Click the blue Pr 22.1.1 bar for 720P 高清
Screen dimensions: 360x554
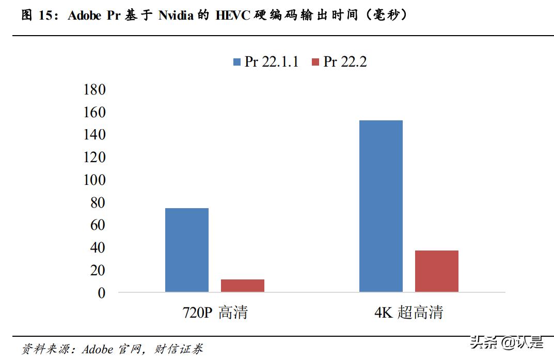[x=187, y=250]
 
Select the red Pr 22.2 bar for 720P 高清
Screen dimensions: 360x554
[x=243, y=286]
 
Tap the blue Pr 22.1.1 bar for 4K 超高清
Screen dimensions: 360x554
[x=381, y=206]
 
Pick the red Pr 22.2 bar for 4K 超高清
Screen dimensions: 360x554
[x=437, y=271]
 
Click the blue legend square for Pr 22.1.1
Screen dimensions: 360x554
[x=237, y=62]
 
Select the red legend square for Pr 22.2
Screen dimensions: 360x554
[x=316, y=62]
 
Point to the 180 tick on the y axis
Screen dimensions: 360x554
[x=94, y=89]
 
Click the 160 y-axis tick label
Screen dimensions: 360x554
[x=94, y=112]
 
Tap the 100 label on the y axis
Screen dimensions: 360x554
[x=94, y=180]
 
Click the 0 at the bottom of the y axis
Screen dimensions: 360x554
[x=101, y=293]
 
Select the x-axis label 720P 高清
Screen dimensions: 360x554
[x=215, y=312]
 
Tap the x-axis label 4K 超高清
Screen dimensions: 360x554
[x=409, y=312]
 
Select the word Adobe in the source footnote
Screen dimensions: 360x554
[x=97, y=349]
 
